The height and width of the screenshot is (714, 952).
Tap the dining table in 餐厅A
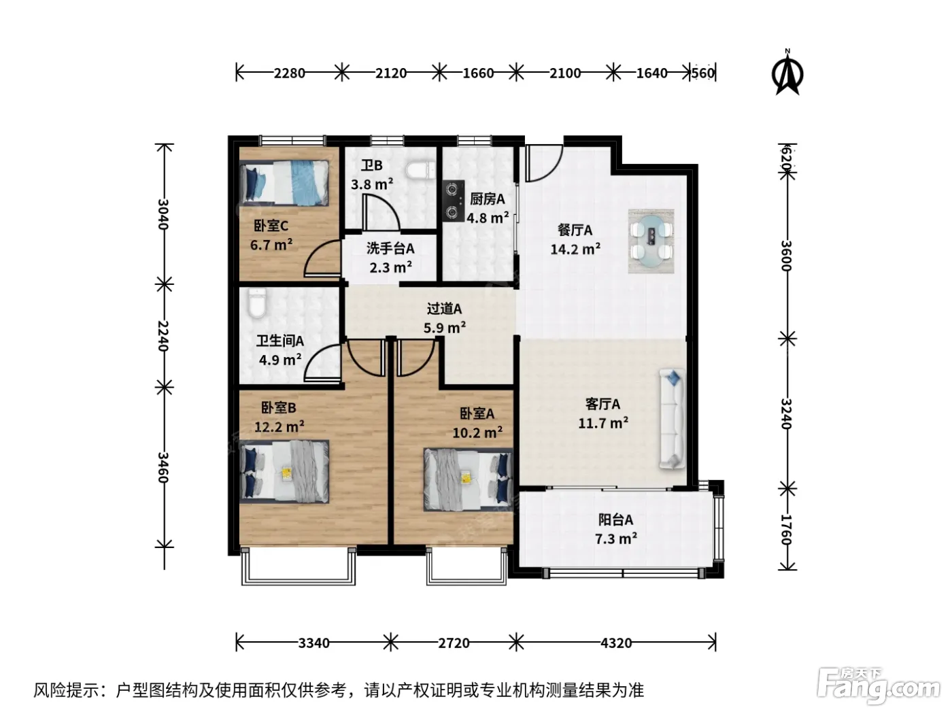pyautogui.click(x=651, y=241)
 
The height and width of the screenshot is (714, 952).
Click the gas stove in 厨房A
pyautogui.click(x=454, y=200)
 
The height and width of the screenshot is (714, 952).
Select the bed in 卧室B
pyautogui.click(x=284, y=472)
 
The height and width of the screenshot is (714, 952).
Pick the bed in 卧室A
pyautogui.click(x=469, y=479)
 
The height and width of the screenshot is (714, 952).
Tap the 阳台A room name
pyautogui.click(x=615, y=520)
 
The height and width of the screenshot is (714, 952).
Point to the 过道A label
pyautogui.click(x=444, y=309)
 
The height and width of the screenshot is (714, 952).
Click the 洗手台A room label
pyautogui.click(x=390, y=248)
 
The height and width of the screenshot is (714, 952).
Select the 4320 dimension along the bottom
pyautogui.click(x=616, y=643)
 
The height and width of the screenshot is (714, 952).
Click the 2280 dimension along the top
pyautogui.click(x=289, y=73)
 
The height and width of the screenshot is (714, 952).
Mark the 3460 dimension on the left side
pyautogui.click(x=163, y=467)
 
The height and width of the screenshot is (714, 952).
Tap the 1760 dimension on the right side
pyautogui.click(x=787, y=529)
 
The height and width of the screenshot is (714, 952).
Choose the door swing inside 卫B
pyautogui.click(x=381, y=212)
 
